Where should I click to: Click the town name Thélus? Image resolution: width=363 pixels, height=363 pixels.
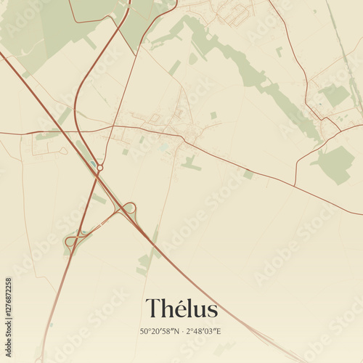(181, 309)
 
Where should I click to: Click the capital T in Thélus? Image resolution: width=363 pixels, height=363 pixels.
(153, 309)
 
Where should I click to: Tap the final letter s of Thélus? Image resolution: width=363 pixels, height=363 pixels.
(212, 311)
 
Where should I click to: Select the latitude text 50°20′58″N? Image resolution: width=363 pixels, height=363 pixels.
(160, 332)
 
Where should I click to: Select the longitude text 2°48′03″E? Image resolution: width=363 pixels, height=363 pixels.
(204, 332)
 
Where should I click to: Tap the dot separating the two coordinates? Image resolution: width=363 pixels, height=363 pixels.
(183, 332)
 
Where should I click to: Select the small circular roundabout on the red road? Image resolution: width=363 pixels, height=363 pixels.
(99, 168)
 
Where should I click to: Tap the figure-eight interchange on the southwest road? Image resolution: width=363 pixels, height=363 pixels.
(76, 239)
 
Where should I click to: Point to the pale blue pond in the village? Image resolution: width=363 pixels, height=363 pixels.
(165, 146)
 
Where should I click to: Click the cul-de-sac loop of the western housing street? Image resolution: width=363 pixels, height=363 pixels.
(64, 151)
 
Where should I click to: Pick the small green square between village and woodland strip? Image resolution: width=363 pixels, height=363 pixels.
(213, 115)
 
